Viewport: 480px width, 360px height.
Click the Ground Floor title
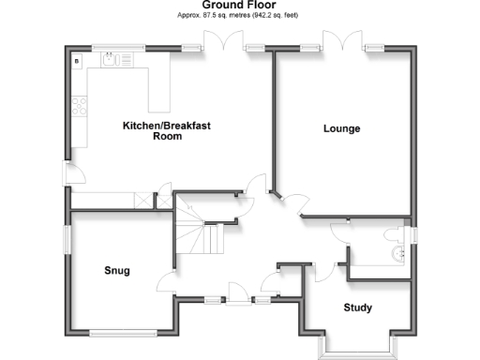tap(239, 6)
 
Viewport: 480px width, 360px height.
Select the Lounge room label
tap(341, 128)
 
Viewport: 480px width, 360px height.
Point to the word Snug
tap(116, 271)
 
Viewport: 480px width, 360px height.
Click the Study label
tap(357, 307)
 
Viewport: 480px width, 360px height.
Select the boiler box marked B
tap(76, 61)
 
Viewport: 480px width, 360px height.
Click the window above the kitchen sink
tap(117, 46)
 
